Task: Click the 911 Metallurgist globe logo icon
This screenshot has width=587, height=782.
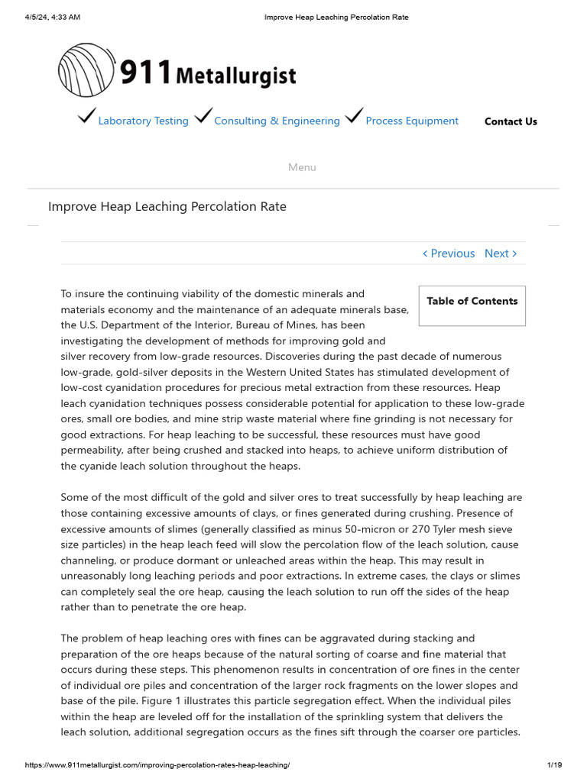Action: tap(86, 70)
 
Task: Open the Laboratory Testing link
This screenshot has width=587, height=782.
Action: tap(143, 121)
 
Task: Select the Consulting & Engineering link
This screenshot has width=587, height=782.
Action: tap(277, 121)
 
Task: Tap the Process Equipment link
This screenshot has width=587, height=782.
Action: tap(412, 121)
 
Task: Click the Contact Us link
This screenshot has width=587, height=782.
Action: tap(511, 121)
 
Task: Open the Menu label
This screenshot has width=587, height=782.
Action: tap(302, 167)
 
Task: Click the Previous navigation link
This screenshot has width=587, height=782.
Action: tap(449, 254)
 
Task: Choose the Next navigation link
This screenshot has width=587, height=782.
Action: tap(501, 254)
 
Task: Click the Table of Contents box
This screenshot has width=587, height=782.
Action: tap(472, 302)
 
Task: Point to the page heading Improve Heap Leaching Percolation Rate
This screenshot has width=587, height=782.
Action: tap(167, 207)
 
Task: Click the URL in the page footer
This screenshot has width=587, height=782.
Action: tap(157, 765)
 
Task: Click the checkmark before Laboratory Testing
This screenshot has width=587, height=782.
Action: tap(86, 117)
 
